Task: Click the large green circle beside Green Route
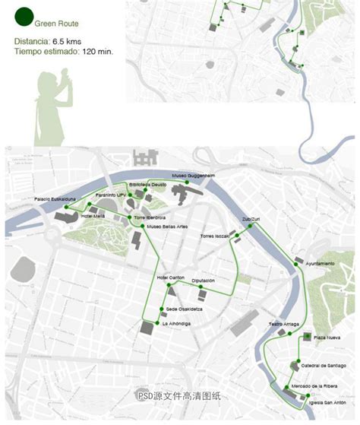(24, 13)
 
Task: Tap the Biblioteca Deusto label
(147, 185)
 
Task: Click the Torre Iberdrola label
(150, 217)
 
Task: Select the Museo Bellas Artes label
(165, 227)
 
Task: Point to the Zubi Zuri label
(251, 219)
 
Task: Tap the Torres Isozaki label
(214, 236)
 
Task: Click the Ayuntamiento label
(320, 263)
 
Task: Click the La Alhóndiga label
(176, 324)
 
